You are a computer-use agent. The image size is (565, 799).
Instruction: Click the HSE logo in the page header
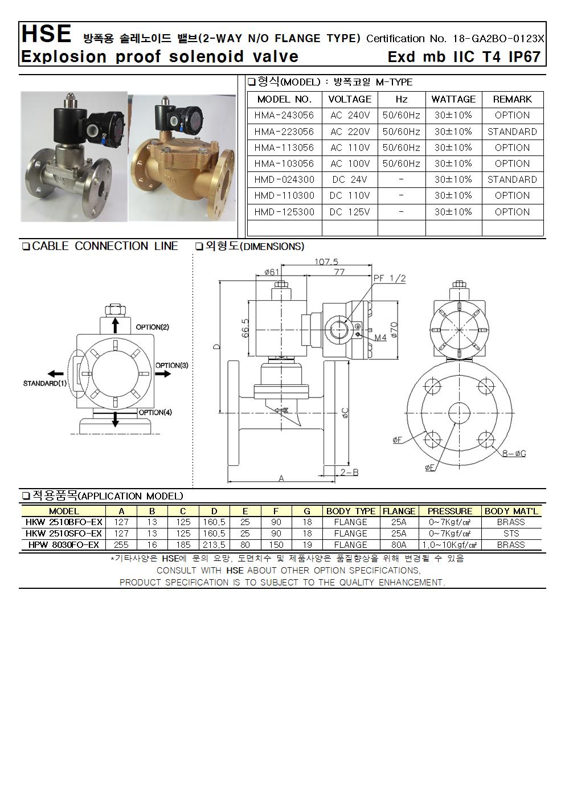[46, 35]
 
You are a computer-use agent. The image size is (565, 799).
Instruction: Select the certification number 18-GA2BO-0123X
[499, 39]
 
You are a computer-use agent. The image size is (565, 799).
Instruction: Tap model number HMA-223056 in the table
[284, 132]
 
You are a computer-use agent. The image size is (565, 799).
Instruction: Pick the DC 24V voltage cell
[350, 179]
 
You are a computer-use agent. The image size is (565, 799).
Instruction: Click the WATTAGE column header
[453, 99]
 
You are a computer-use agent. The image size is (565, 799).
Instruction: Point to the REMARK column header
[512, 99]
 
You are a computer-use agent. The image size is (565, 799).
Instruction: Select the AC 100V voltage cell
[350, 163]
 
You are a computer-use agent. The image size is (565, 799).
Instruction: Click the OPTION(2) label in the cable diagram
[152, 327]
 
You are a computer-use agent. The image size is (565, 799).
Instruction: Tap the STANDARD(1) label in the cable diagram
[45, 383]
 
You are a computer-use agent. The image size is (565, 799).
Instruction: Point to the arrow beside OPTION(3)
[163, 374]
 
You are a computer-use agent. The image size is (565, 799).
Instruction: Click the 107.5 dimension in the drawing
[326, 262]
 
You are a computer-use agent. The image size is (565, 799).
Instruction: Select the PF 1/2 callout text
[390, 278]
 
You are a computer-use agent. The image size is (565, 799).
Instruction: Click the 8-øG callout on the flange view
[514, 454]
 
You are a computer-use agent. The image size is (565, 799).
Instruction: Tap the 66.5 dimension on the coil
[245, 328]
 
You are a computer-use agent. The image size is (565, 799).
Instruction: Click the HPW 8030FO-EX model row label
[64, 544]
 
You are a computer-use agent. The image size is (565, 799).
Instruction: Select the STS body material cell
[511, 534]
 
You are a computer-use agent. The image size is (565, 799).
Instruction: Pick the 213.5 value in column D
[214, 544]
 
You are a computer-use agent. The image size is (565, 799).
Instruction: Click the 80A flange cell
[399, 544]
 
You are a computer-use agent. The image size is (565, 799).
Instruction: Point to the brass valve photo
[182, 157]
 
